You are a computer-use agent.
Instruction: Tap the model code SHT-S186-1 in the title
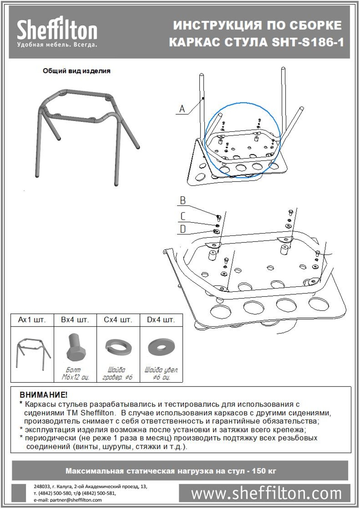click(x=308, y=43)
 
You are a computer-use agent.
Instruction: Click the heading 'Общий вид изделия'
click(x=77, y=71)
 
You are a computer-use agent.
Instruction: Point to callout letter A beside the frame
click(x=182, y=109)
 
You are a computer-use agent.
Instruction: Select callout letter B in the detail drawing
click(x=183, y=201)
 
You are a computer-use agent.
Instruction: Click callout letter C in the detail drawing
click(x=183, y=216)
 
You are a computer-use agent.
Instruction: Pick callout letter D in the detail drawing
click(x=183, y=229)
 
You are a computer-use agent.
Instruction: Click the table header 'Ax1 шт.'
click(x=32, y=320)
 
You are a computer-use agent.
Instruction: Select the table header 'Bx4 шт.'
click(x=75, y=320)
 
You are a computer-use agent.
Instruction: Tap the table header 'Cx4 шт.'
click(x=118, y=320)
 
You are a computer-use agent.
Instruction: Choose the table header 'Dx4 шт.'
click(x=161, y=320)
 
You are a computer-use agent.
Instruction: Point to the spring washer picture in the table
click(x=118, y=347)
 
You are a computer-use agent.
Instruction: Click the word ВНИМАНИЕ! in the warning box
click(x=44, y=395)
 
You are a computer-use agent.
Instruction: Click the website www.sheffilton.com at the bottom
click(x=266, y=494)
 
